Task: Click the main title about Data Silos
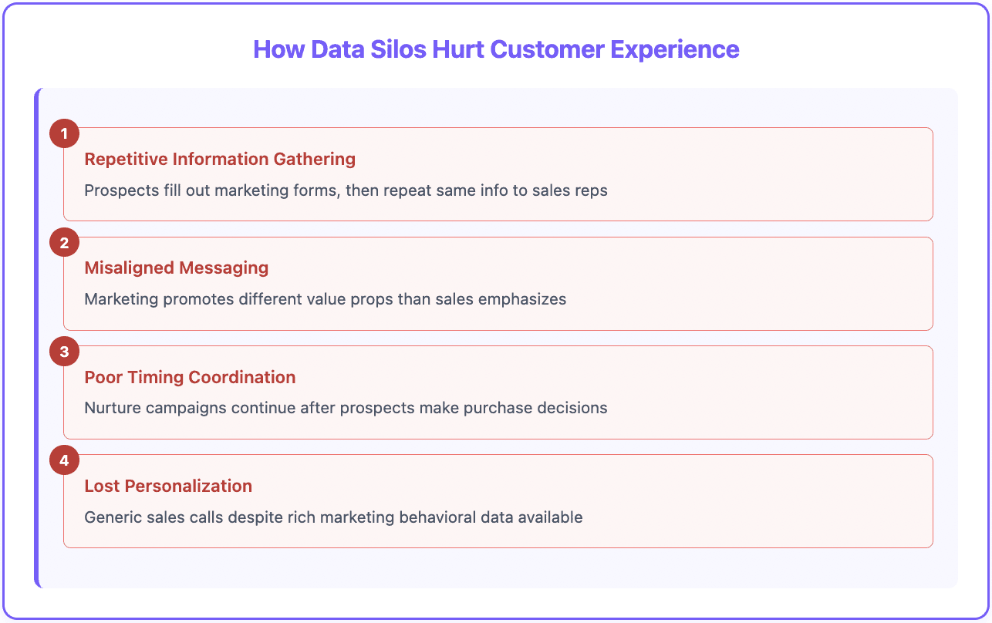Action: [496, 49]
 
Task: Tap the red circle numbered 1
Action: [64, 134]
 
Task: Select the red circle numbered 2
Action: [64, 243]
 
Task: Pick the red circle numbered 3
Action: [64, 352]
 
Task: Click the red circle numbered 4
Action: [64, 460]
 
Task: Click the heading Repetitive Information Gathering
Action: [220, 160]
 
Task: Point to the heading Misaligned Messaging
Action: [176, 268]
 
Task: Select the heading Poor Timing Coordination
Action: [190, 377]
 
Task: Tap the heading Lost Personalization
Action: [168, 486]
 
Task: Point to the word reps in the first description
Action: [592, 190]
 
